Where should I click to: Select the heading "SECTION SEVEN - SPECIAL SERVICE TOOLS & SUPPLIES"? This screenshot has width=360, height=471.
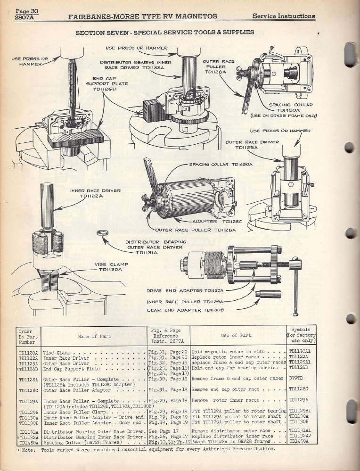point(165,33)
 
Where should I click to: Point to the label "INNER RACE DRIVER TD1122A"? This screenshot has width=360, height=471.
point(95,193)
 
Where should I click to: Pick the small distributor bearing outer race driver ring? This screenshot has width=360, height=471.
point(100,232)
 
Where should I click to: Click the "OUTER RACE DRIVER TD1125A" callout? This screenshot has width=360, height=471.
point(249,144)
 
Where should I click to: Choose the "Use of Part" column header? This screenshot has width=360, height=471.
point(238,336)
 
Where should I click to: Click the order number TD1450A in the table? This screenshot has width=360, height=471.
point(29,442)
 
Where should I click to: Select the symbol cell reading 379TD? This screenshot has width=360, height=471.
point(296,378)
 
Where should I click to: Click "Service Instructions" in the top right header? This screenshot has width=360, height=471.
point(284,16)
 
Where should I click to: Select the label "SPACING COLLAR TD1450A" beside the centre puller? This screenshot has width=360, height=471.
point(221,165)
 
